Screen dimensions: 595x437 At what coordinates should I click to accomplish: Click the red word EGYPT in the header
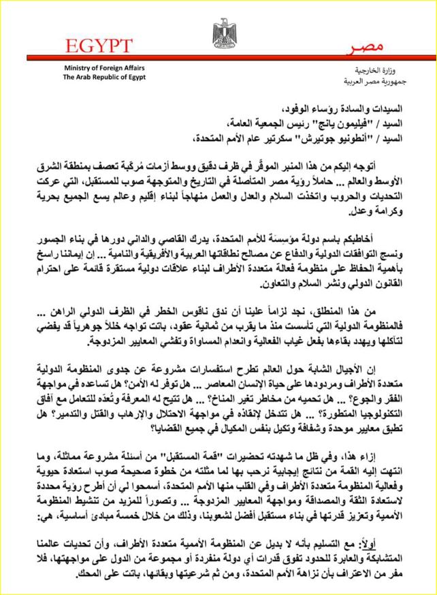99,46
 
